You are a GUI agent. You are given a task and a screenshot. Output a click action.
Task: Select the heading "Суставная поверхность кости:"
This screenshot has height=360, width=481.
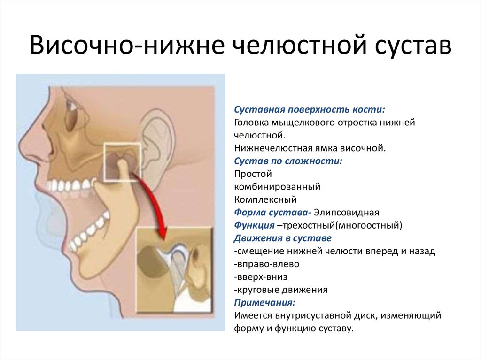pyautogui.click(x=310, y=109)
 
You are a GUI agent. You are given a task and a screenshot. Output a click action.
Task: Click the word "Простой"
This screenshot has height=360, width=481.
pyautogui.click(x=253, y=174)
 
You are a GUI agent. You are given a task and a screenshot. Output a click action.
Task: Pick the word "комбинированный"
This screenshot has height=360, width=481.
pyautogui.click(x=277, y=187)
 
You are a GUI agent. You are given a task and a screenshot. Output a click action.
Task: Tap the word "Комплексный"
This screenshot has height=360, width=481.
pyautogui.click(x=265, y=199)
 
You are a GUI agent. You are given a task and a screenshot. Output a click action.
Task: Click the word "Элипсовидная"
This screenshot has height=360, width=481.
pyautogui.click(x=346, y=213)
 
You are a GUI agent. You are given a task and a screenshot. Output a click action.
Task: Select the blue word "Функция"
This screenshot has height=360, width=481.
pyautogui.click(x=254, y=225)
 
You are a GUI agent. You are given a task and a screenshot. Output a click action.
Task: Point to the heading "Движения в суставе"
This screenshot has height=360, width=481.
pyautogui.click(x=282, y=238)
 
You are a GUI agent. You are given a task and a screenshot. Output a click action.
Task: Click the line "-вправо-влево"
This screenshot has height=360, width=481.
pyautogui.click(x=267, y=264)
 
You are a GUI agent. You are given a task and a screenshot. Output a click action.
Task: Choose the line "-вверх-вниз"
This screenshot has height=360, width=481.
pyautogui.click(x=260, y=277)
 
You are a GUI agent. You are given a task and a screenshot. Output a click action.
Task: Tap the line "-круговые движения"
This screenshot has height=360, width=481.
pyautogui.click(x=281, y=290)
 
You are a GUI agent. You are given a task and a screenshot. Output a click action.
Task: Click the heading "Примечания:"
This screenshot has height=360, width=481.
pyautogui.click(x=264, y=303)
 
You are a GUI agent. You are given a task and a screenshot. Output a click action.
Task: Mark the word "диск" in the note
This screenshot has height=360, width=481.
pyautogui.click(x=363, y=315)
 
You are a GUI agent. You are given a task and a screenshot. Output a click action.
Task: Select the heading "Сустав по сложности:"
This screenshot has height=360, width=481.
pyautogui.click(x=288, y=161)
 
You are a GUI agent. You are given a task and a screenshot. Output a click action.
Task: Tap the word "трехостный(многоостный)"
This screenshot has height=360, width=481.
pyautogui.click(x=342, y=225)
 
